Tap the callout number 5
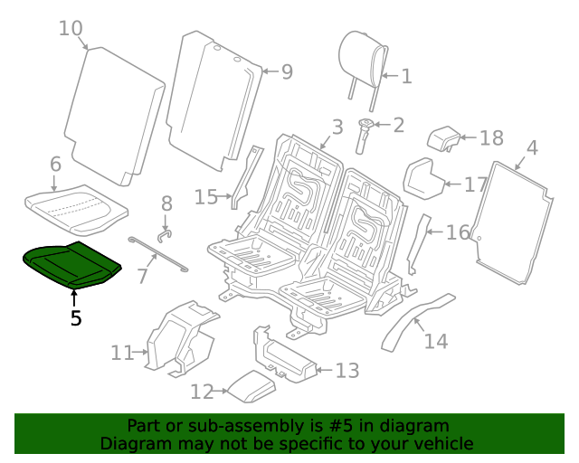76,317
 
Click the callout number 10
71,28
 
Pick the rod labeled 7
159,254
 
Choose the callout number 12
202,392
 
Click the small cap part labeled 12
250,387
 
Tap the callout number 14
436,341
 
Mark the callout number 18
491,138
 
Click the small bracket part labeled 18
444,137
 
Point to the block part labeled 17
422,176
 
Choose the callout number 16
458,232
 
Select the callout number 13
347,371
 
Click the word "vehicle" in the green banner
442,444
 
